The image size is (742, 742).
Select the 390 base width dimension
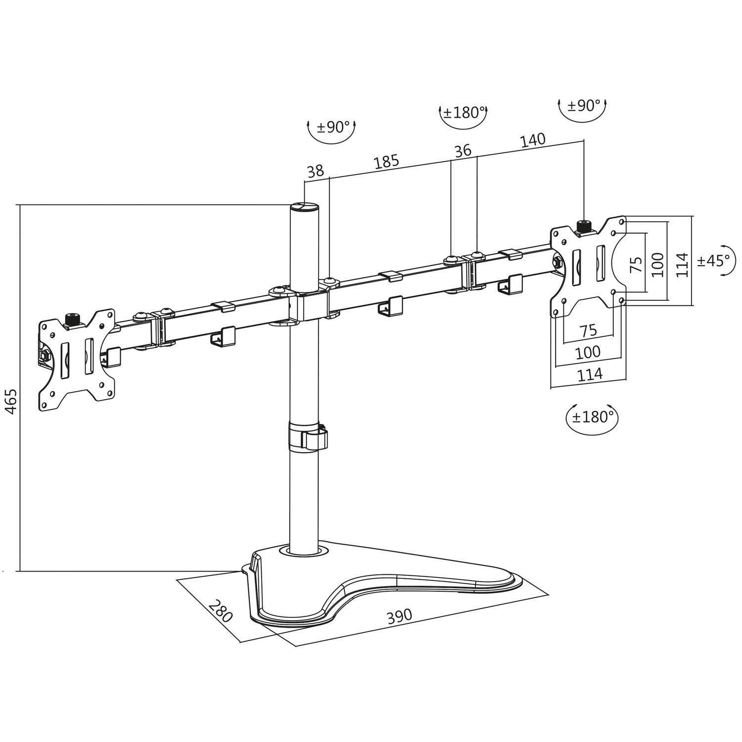pyautogui.click(x=399, y=616)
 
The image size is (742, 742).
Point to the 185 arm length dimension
pyautogui.click(x=386, y=162)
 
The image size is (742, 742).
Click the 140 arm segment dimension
pyautogui.click(x=532, y=140)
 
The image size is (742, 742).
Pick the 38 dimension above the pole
pyautogui.click(x=315, y=171)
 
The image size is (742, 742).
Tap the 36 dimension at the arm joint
pyautogui.click(x=463, y=151)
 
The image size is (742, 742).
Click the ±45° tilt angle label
pyautogui.click(x=713, y=260)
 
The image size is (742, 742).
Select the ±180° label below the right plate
pyautogui.click(x=592, y=417)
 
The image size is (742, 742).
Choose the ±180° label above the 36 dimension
pyautogui.click(x=464, y=113)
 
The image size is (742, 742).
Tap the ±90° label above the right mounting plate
pyautogui.click(x=583, y=105)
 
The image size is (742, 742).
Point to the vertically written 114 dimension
pyautogui.click(x=683, y=264)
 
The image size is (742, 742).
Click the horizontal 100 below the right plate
pyautogui.click(x=588, y=352)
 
